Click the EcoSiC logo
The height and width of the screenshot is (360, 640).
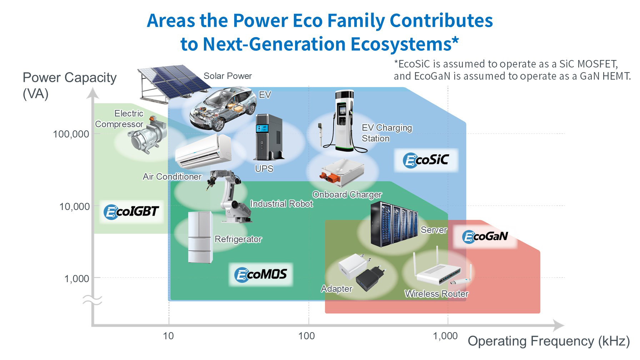pyautogui.click(x=426, y=160)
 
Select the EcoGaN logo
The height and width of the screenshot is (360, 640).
pyautogui.click(x=485, y=236)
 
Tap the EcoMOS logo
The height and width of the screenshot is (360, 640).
pyautogui.click(x=261, y=274)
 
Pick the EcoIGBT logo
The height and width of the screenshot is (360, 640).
pyautogui.click(x=131, y=211)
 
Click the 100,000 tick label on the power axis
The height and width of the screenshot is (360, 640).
pyautogui.click(x=71, y=134)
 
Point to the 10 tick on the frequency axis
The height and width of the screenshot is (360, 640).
pyautogui.click(x=168, y=336)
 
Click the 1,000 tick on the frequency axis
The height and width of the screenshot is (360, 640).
pyautogui.click(x=445, y=336)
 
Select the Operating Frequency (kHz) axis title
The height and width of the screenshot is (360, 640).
pyautogui.click(x=549, y=341)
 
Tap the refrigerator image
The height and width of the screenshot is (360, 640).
pyautogui.click(x=200, y=237)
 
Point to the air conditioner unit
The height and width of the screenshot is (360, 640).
pyautogui.click(x=203, y=151)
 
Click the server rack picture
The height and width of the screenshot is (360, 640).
pyautogui.click(x=394, y=224)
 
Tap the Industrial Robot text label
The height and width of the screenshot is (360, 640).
pyautogui.click(x=281, y=204)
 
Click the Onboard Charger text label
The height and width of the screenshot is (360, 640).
pyautogui.click(x=347, y=195)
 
